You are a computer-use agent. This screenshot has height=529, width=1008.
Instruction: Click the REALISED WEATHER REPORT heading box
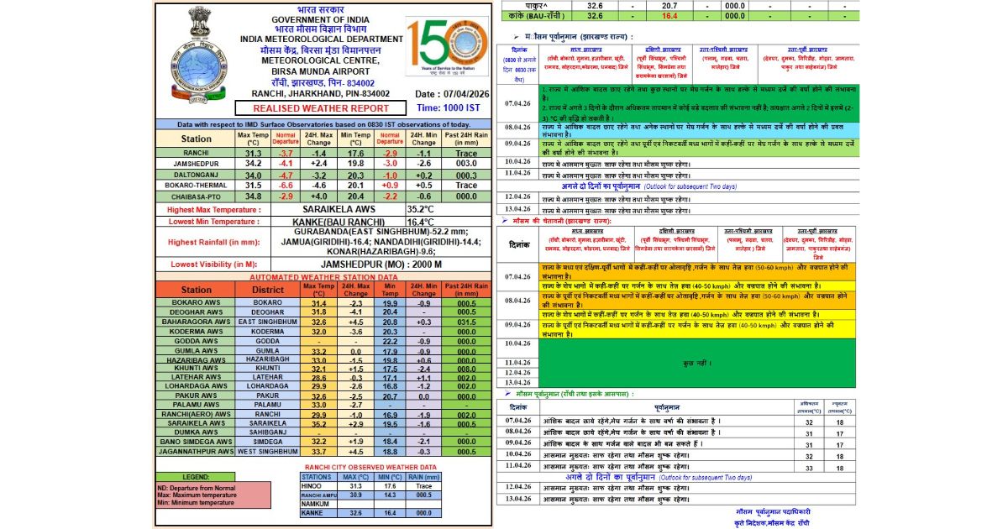tap(310, 108)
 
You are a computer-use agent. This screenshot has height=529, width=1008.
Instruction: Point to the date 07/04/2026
tap(449, 94)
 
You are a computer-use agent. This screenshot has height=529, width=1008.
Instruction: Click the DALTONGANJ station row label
tap(196, 175)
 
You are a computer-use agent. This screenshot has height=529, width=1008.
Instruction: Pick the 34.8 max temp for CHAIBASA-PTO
tap(253, 196)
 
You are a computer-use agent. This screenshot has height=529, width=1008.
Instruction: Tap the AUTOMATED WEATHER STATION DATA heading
tap(323, 276)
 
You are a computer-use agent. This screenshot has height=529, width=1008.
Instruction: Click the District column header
tap(268, 290)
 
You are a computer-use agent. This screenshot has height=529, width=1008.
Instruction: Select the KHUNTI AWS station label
tap(196, 368)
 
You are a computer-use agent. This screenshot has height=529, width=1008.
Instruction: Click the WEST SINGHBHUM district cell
tap(268, 452)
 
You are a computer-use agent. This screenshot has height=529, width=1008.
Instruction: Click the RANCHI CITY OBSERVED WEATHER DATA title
tap(370, 467)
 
